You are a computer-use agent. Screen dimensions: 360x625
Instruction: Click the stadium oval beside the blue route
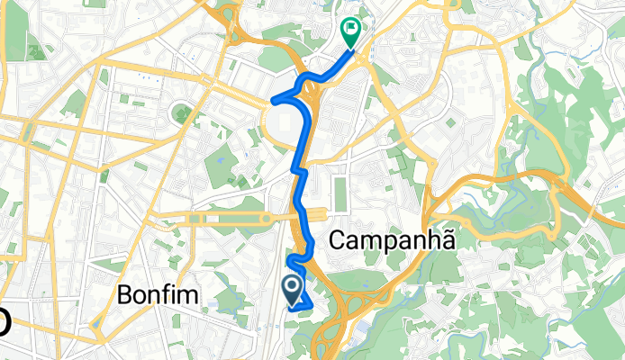pyautogui.click(x=287, y=120)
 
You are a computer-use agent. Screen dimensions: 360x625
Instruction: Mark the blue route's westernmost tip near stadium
pyautogui.click(x=270, y=98)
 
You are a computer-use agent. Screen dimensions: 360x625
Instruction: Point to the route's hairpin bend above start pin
pyautogui.click(x=290, y=261)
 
